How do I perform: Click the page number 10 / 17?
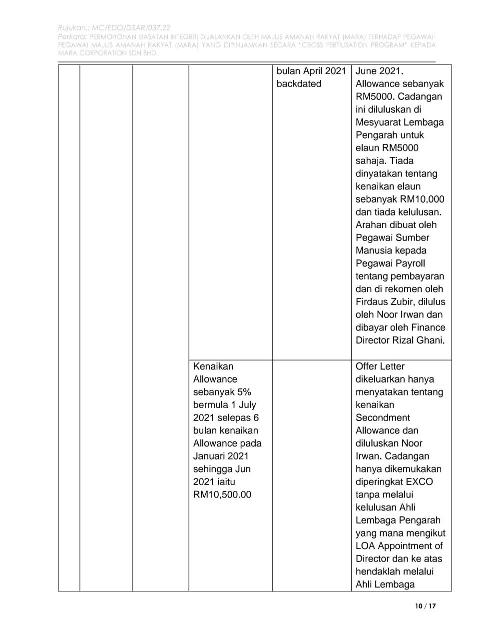click(x=426, y=606)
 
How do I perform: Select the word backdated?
click(x=299, y=84)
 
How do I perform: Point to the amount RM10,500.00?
click(x=222, y=495)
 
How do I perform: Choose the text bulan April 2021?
click(x=311, y=71)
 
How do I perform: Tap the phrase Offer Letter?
click(x=380, y=366)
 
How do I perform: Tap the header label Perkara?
click(x=73, y=37)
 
